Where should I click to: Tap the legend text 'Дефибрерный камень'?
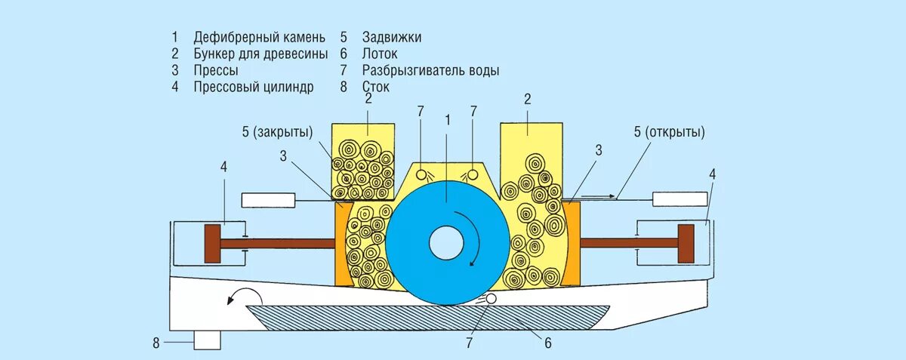pos(259,37)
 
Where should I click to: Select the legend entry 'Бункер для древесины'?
pos(260,54)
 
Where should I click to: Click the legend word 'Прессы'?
pos(216,70)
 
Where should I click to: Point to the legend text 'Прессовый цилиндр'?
pos(253,87)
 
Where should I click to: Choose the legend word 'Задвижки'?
pos(392,37)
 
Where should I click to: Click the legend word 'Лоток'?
pos(380,54)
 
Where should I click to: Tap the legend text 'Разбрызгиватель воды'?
pos(430,70)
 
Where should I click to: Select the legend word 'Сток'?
pos(376,87)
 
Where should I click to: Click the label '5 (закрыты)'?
pos(277,132)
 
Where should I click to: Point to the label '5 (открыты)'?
pos(670,132)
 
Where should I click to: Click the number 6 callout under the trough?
pos(548,343)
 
